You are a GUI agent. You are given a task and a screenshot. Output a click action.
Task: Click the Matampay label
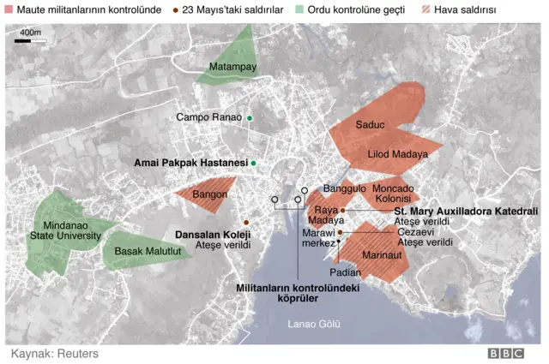pos(233,67)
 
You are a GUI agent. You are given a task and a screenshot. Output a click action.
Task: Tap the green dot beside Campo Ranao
pos(250,117)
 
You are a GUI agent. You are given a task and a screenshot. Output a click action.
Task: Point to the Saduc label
pos(370,125)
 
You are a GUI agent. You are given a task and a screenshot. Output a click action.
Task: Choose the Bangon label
pos(209,195)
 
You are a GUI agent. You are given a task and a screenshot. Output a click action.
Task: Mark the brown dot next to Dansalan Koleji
pos(246,222)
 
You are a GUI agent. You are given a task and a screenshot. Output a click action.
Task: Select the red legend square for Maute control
pos(9,9)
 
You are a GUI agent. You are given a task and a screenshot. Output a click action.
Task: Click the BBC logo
pos(505,353)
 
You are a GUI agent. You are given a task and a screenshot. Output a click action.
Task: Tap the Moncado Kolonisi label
pos(393,194)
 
